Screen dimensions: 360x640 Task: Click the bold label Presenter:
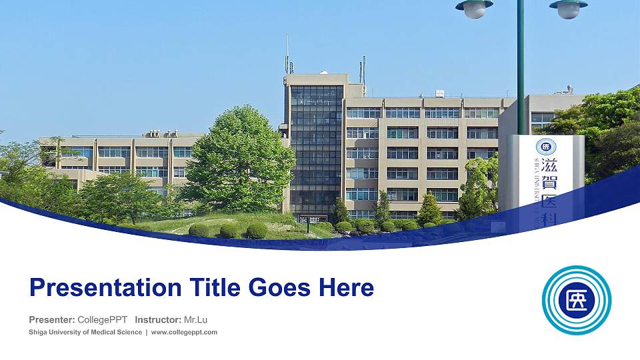pos(51,319)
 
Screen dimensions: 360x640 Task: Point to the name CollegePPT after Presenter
pos(103,319)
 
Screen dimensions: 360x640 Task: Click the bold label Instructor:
pos(157,319)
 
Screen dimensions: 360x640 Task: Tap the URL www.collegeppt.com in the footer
pos(185,332)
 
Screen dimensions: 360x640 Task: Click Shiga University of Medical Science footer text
pos(85,332)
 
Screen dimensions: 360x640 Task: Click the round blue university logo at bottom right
pos(577,300)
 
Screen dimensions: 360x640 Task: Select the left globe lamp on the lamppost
pos(475,8)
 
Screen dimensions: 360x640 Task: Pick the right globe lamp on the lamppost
pos(569,8)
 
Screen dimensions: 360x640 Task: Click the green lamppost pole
pos(521,67)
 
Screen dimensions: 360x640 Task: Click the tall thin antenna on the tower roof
pos(287,53)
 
